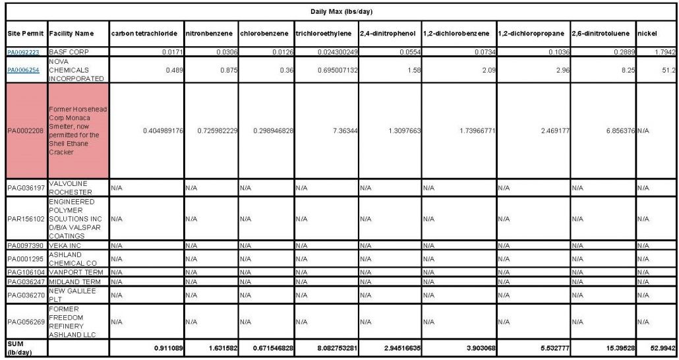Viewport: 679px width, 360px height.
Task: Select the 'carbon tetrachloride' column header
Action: [x=144, y=33]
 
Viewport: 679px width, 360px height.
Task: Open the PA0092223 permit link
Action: [x=23, y=51]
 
